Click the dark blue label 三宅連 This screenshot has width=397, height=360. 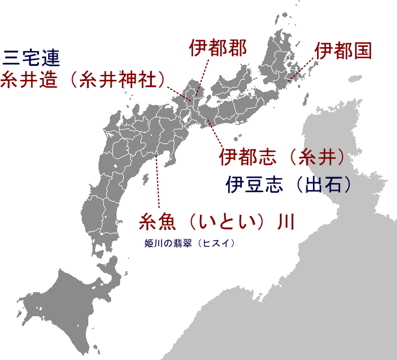click(x=31, y=58)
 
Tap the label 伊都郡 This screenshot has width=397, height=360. click(x=217, y=48)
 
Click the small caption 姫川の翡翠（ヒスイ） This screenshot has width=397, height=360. click(x=189, y=243)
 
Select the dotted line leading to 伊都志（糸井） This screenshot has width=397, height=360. click(x=215, y=133)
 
